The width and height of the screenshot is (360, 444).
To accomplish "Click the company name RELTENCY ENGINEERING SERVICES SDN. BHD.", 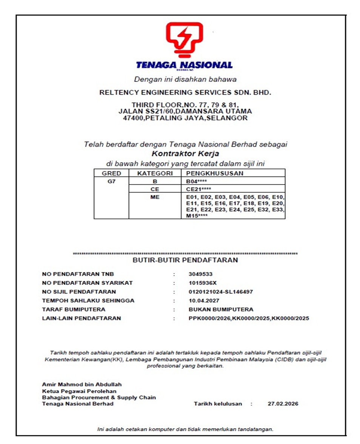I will click(185, 92).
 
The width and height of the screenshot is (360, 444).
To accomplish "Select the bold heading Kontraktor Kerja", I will click(185, 154).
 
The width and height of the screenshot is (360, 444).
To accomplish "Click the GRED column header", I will click(111, 173).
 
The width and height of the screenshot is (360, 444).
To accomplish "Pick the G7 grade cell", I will click(111, 181).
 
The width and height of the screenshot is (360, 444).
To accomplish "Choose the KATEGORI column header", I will click(155, 173).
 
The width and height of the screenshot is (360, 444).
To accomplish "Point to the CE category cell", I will click(155, 189).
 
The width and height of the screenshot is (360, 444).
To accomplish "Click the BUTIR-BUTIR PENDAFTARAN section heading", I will click(185, 260).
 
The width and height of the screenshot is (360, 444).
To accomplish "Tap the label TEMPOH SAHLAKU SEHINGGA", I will click(88, 301).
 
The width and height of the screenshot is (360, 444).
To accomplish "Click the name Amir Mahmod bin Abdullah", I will click(82, 384).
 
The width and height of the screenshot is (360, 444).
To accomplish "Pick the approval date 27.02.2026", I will click(283, 404).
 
